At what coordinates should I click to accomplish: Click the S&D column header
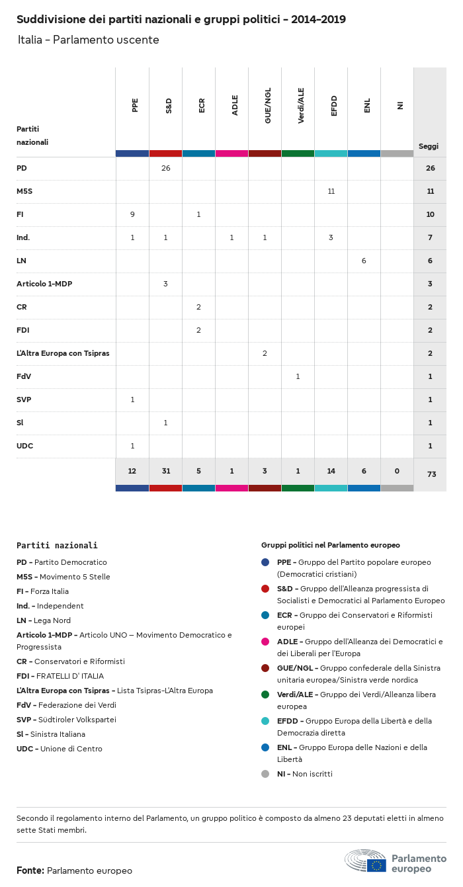coord(169,105)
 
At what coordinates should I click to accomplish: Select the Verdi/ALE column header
coord(301,106)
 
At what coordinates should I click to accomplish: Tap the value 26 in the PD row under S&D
coord(165,168)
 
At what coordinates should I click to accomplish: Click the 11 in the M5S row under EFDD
coord(331,191)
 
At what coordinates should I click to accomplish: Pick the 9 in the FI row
coord(132,214)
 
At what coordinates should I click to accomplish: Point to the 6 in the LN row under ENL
coord(364,261)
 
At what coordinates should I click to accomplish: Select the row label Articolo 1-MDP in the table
coord(44,284)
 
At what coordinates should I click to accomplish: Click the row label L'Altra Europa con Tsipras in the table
coord(63,353)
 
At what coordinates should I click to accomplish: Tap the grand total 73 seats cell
coord(430,474)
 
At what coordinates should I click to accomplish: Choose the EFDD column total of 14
coord(331,471)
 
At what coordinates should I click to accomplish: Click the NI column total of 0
coord(397,471)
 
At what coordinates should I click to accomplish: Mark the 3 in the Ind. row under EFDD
coord(331,237)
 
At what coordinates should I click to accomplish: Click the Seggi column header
coord(429,146)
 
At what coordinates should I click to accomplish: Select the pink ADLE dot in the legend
coord(265,642)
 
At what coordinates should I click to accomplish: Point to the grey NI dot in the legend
coord(265,774)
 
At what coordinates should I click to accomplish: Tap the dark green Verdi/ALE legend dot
coord(265,695)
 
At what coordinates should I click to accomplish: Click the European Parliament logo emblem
coord(365,861)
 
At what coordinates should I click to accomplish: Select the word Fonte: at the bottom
coord(30,870)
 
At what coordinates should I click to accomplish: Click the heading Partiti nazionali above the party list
coord(57,546)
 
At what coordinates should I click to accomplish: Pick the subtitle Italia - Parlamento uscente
coord(89,40)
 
